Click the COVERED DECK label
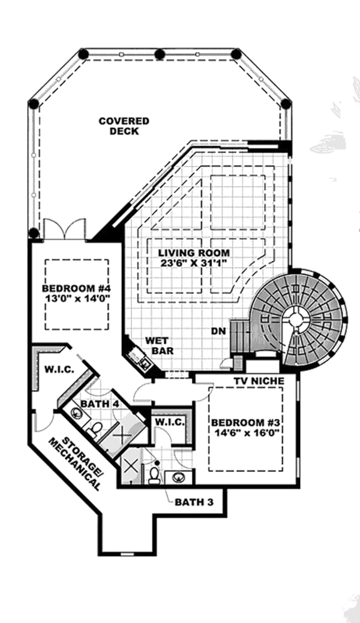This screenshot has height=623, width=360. (124, 126)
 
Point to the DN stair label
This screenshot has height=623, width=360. (218, 331)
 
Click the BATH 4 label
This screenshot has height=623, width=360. (99, 404)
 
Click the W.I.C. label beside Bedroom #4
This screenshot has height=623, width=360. (59, 369)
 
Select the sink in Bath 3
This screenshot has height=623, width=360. (179, 477)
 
